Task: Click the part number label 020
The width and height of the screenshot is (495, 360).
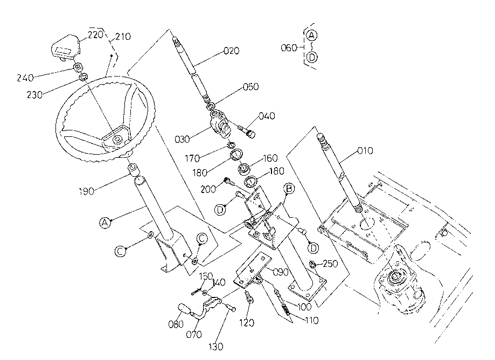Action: coord(232,51)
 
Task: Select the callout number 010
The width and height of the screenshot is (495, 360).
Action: coord(365,151)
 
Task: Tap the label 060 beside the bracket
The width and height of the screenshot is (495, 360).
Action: coord(289,47)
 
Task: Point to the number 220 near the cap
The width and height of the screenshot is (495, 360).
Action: coord(96,34)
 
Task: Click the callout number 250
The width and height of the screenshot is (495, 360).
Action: coord(330,264)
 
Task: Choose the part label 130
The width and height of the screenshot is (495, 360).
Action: coord(215,347)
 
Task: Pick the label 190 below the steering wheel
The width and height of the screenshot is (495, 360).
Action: coord(86,191)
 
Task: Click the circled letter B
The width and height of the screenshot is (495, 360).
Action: coord(289,189)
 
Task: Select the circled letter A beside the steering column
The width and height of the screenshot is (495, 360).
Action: coord(105,223)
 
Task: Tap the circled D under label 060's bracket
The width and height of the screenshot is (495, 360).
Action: coord(312,57)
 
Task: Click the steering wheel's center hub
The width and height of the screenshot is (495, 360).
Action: coord(117,139)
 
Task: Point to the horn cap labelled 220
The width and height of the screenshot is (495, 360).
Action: coord(66,47)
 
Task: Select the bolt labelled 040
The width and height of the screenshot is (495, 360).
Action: coord(248,131)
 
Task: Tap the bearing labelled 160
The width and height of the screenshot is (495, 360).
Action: coord(243,169)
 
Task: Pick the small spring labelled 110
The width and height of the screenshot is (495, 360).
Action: coord(286,309)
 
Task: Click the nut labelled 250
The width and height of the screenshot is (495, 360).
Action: coord(312,264)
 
